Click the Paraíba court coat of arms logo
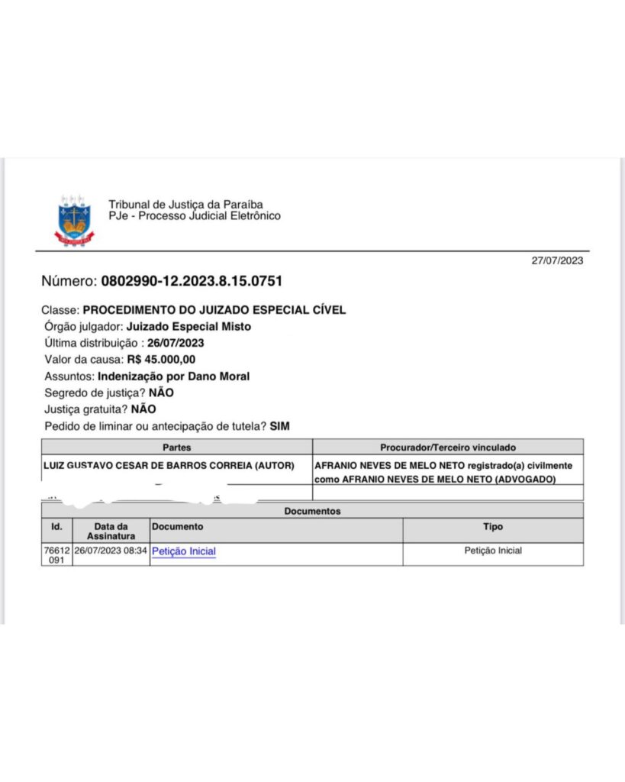[74, 220]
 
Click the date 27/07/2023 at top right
[557, 260]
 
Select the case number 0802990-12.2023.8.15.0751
[192, 281]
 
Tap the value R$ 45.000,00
[161, 360]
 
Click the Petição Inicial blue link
[184, 551]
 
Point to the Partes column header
[177, 447]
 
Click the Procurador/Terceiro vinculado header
[448, 447]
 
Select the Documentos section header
[312, 511]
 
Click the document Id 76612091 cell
[56, 555]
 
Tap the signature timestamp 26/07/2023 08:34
[111, 551]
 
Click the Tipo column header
[493, 527]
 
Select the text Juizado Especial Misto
[188, 327]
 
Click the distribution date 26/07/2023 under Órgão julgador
[176, 343]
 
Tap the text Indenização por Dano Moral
[173, 376]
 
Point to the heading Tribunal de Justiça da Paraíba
[185, 205]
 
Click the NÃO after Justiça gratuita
[143, 409]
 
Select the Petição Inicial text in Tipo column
[493, 551]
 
